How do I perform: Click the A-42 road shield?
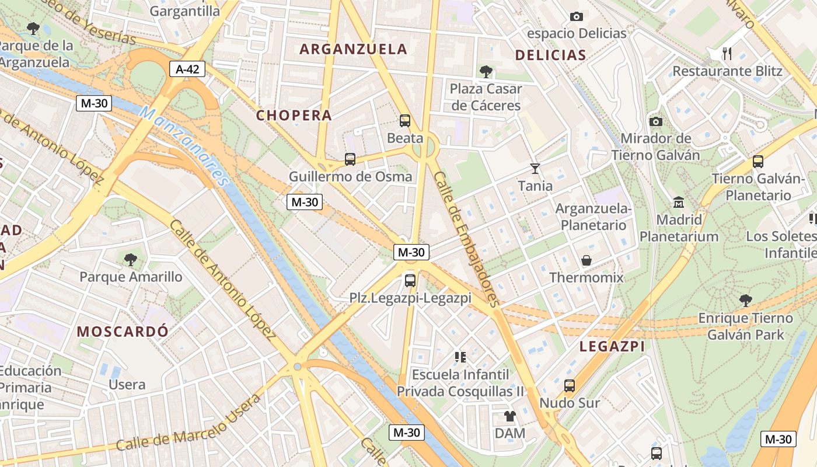187,69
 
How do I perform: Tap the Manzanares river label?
184,146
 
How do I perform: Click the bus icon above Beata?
404,121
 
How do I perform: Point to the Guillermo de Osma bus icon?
350,159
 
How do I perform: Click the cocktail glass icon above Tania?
535,169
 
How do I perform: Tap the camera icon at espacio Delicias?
576,16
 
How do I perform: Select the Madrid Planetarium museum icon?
679,203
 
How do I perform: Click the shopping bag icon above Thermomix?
586,260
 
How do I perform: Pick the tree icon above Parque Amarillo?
131,259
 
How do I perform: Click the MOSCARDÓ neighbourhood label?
123,332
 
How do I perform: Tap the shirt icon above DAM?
509,416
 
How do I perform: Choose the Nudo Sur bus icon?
569,385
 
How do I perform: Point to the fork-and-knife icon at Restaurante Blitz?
727,54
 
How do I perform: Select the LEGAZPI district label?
612,347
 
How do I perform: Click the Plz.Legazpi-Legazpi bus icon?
410,280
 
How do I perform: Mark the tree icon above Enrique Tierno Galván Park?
745,301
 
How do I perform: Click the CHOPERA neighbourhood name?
294,116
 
